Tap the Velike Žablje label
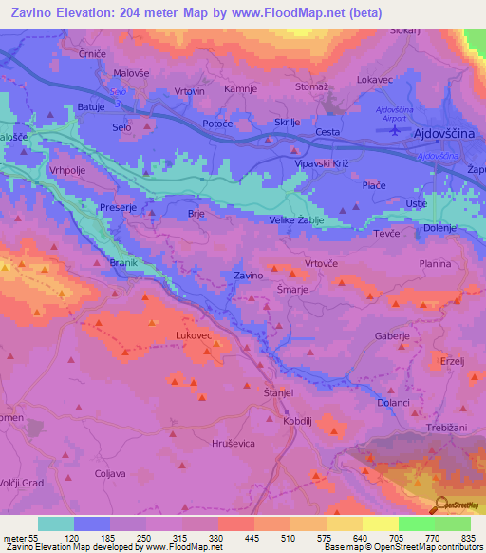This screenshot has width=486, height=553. (297, 220)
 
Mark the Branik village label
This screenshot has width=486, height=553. (124, 261)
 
